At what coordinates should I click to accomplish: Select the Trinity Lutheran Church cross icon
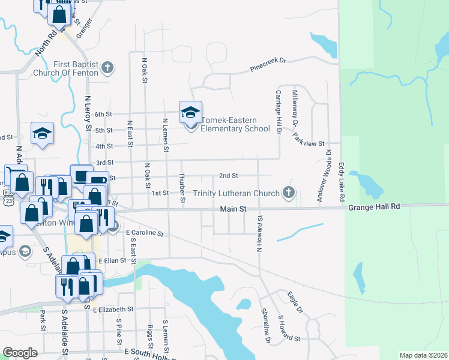tap(289, 193)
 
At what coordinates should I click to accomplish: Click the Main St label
tap(234, 209)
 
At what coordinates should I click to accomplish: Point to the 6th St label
tap(104, 114)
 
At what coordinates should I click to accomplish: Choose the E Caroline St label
tap(144, 232)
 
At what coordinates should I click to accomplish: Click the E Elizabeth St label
tap(113, 309)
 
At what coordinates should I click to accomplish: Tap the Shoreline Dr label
tap(265, 326)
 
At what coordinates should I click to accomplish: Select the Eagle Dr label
tap(295, 302)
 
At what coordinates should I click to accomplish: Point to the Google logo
tap(20, 353)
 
